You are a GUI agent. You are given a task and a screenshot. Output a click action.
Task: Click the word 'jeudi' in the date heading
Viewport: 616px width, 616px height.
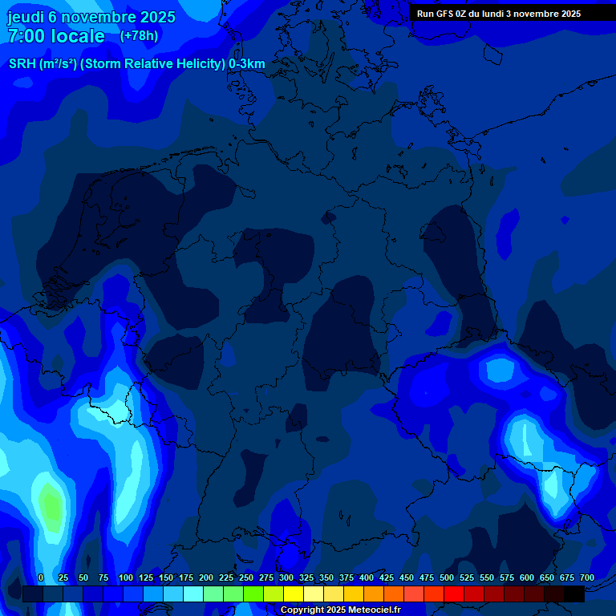[25, 17]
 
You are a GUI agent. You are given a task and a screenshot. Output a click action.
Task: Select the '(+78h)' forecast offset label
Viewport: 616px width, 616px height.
[139, 35]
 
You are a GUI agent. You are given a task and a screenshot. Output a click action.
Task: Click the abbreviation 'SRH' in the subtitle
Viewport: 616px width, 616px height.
[22, 64]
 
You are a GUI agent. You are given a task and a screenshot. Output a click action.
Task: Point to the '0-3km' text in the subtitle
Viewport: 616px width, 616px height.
[247, 64]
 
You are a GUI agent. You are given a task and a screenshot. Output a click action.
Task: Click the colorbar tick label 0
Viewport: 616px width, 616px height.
[41, 577]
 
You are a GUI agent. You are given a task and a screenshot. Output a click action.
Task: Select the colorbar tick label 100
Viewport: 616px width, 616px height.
[126, 577]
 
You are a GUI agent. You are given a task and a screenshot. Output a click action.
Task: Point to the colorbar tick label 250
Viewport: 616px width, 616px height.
[246, 577]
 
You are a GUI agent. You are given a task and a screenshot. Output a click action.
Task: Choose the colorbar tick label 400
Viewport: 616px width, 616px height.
[367, 577]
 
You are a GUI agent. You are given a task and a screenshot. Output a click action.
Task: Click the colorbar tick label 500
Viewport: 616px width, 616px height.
[447, 577]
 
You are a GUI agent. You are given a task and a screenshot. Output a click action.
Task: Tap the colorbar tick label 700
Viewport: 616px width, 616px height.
[587, 577]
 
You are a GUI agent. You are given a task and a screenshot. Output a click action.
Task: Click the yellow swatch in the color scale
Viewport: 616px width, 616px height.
[294, 594]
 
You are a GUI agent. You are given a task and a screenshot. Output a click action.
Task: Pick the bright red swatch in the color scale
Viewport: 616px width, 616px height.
[454, 594]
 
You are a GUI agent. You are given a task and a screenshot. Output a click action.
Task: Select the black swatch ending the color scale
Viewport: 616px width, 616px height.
[574, 594]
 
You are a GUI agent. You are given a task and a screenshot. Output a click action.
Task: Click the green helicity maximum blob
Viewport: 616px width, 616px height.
[50, 507]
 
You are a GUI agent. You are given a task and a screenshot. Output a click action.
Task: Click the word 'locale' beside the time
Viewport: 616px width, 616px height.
[78, 36]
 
